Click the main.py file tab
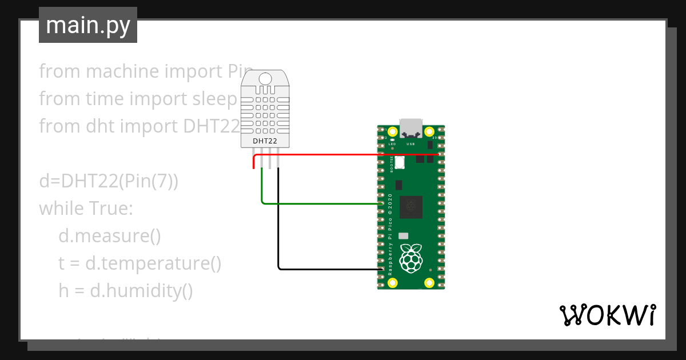(x=87, y=25)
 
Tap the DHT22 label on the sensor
(x=265, y=141)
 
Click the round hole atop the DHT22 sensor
(x=265, y=78)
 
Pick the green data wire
(x=320, y=203)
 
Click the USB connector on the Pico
(x=411, y=128)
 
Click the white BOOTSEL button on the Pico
(x=399, y=163)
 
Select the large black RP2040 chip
(x=411, y=207)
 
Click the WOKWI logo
(x=607, y=315)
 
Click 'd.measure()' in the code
(x=110, y=236)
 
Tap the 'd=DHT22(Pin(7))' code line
(x=109, y=181)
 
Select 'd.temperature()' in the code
(x=153, y=263)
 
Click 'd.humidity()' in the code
(x=141, y=291)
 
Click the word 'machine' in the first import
(x=122, y=71)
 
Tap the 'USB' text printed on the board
(x=410, y=144)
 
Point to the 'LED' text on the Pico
(x=392, y=144)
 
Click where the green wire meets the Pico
(x=381, y=203)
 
